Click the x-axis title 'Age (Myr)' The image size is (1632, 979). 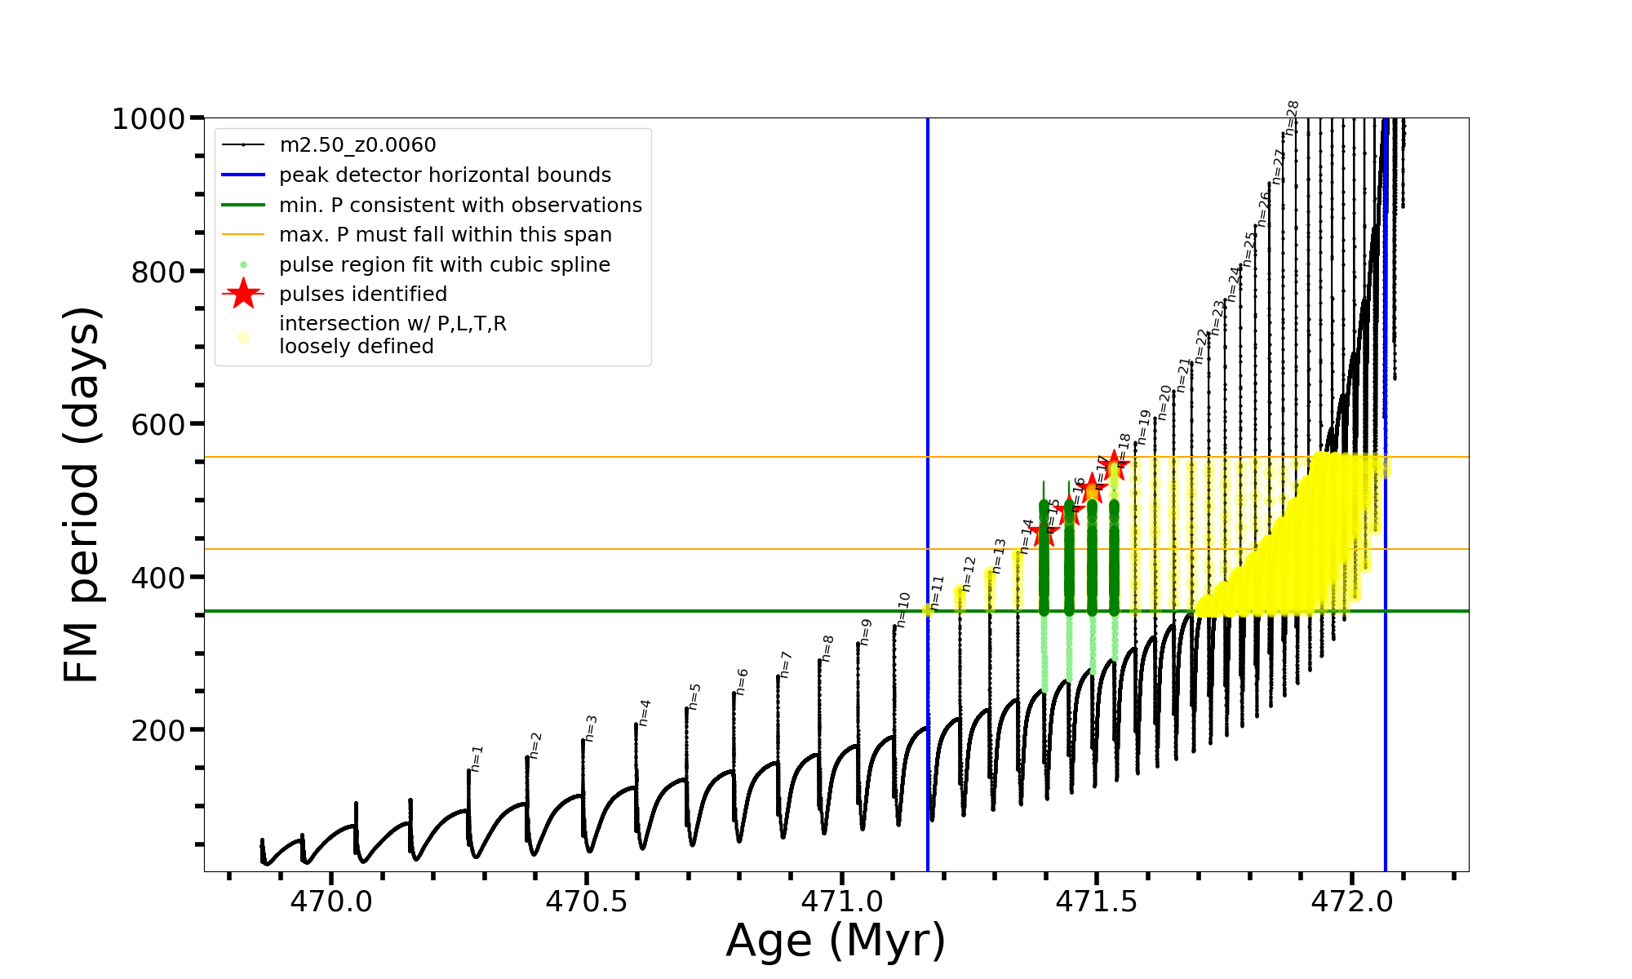pyautogui.click(x=836, y=941)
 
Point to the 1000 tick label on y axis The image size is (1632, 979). pyautogui.click(x=149, y=119)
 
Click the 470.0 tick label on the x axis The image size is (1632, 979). pyautogui.click(x=332, y=901)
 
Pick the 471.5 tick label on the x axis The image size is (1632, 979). pyautogui.click(x=1097, y=901)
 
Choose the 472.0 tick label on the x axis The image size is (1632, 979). pyautogui.click(x=1352, y=901)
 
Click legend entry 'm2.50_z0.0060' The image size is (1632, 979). pyautogui.click(x=357, y=145)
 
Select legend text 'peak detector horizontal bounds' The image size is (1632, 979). pyautogui.click(x=445, y=175)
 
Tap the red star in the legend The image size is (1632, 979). pyautogui.click(x=243, y=294)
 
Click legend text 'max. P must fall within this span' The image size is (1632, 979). pyautogui.click(x=445, y=235)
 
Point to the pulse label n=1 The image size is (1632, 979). pyautogui.click(x=477, y=758)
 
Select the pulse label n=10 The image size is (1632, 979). pyautogui.click(x=902, y=609)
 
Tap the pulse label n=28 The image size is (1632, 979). pyautogui.click(x=1292, y=117)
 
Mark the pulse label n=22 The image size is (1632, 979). pyautogui.click(x=1200, y=346)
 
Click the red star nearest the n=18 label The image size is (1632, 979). pyautogui.click(x=1115, y=466)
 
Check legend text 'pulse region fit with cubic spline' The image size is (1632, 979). pyautogui.click(x=445, y=265)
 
